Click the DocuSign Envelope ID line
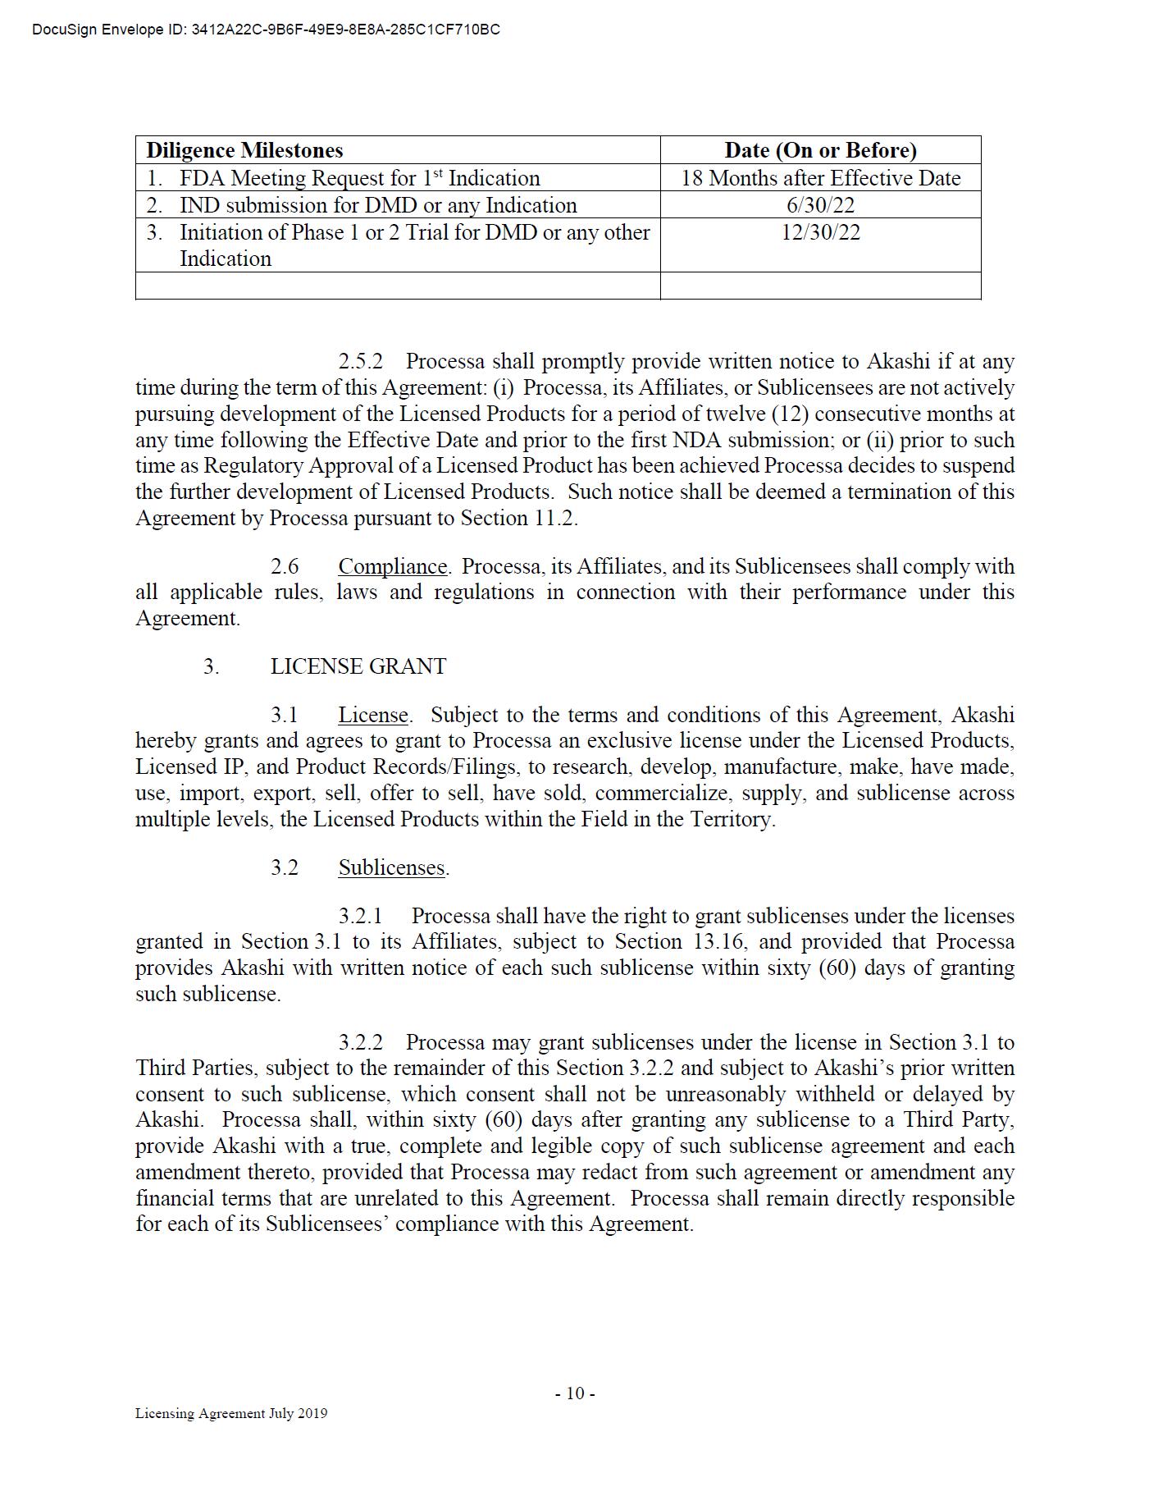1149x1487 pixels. (x=266, y=30)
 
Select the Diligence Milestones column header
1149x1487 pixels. (x=244, y=150)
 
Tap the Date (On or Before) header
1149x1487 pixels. (x=820, y=150)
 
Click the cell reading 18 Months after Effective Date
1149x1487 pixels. (x=820, y=178)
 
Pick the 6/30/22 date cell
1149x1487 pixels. (x=820, y=204)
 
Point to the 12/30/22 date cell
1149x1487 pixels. (x=820, y=232)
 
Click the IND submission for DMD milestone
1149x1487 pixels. (x=377, y=204)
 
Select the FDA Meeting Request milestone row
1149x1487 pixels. (x=359, y=178)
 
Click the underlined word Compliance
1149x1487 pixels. (x=393, y=567)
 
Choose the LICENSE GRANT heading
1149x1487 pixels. (x=358, y=666)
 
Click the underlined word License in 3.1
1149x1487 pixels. (x=373, y=716)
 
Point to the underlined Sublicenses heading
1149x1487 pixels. (x=392, y=868)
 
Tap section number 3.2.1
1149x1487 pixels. (x=361, y=917)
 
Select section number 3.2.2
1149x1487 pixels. (x=361, y=1043)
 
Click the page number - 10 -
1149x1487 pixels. (x=575, y=1393)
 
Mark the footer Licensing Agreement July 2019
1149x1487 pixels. (x=231, y=1413)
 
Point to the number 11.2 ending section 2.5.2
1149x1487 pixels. (x=557, y=519)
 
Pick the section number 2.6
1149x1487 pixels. (x=285, y=567)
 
